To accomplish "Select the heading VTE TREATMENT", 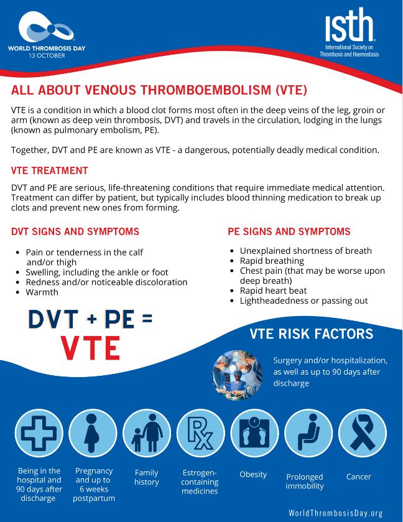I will coord(50,170).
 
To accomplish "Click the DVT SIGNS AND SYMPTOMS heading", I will coord(75,232).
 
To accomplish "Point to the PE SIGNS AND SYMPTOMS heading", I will coord(289,231).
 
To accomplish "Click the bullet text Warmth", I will coord(42,292).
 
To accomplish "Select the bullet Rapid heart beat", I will coord(273,291).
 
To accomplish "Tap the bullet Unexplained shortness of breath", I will coord(305,251).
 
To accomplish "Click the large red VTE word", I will coord(90,348).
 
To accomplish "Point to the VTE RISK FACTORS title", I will coord(312,334).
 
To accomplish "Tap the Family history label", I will coord(146,477).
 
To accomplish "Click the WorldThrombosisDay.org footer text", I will coord(336,513).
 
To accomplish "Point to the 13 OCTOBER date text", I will coord(46,55).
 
